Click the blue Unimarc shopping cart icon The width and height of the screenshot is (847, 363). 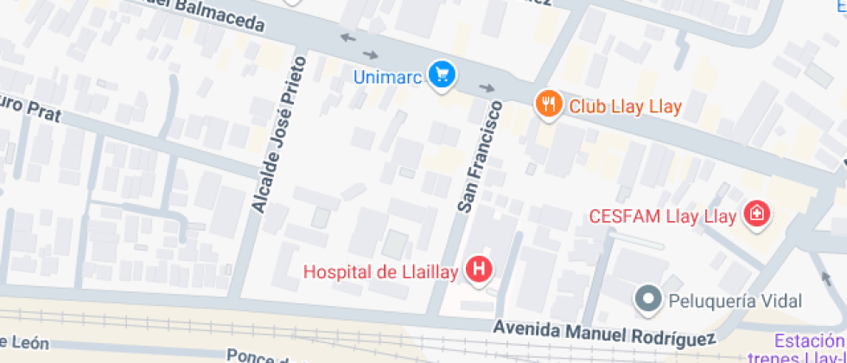443,75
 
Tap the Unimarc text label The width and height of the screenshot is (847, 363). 387,77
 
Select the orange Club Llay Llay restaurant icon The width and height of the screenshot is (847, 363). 547,105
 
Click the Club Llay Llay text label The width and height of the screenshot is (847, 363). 625,107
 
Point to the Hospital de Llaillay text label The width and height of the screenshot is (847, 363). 380,271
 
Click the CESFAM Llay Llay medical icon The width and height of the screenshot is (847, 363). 758,214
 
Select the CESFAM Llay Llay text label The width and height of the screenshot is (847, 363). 662,215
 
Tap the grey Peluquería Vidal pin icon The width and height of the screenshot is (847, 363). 646,300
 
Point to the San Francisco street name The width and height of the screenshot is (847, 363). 479,157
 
